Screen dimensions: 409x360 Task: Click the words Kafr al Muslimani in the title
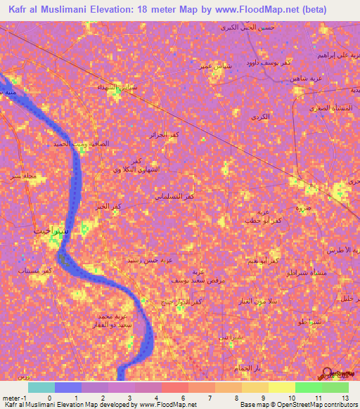coord(50,9)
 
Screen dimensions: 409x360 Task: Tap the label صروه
coord(304,208)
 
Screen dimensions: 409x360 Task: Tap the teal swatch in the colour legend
coord(41,387)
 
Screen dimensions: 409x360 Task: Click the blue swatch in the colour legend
coord(68,387)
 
